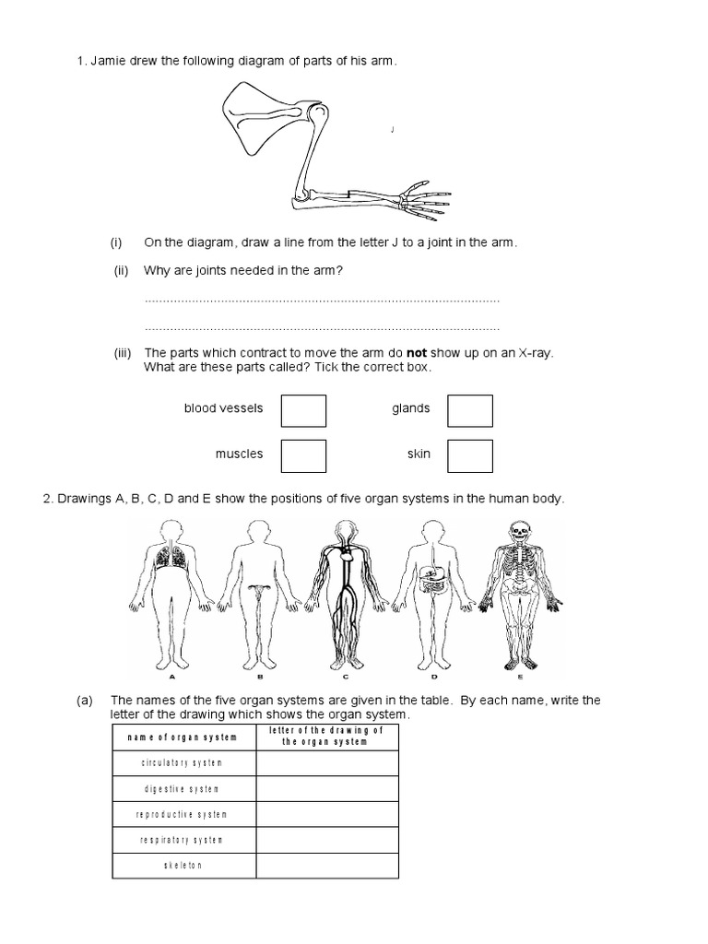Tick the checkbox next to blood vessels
pyautogui.click(x=303, y=410)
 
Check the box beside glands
pyautogui.click(x=470, y=410)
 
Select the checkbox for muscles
pyautogui.click(x=303, y=455)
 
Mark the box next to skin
pyautogui.click(x=470, y=455)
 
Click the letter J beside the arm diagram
pyautogui.click(x=393, y=130)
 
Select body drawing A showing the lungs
pyautogui.click(x=169, y=590)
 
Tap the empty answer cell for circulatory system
pyautogui.click(x=326, y=763)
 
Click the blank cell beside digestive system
pyautogui.click(x=326, y=789)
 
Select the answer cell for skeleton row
pyautogui.click(x=326, y=866)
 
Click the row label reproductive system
pyautogui.click(x=181, y=815)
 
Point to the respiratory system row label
pyautogui.click(x=181, y=841)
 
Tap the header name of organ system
pyautogui.click(x=181, y=737)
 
